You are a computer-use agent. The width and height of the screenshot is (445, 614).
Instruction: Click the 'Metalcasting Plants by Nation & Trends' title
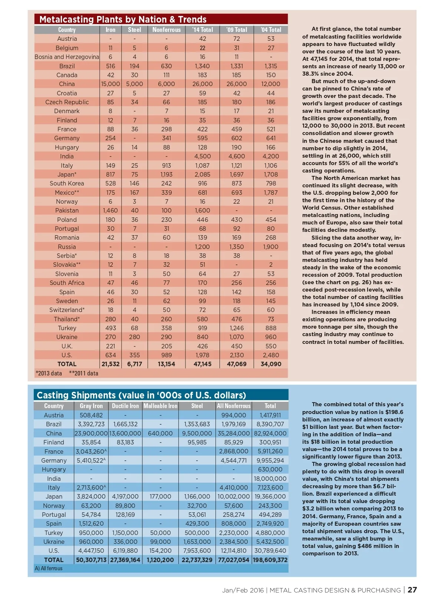click(123, 19)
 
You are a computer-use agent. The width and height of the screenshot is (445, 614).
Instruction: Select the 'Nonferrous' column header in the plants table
click(167, 30)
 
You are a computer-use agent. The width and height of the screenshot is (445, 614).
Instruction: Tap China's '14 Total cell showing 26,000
click(202, 84)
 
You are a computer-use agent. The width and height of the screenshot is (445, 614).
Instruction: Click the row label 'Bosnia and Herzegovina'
click(67, 57)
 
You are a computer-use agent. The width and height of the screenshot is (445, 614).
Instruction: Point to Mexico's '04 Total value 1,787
click(271, 193)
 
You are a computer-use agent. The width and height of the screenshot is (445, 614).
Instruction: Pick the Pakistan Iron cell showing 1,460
click(111, 211)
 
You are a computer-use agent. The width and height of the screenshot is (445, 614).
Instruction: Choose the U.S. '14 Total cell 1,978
click(202, 355)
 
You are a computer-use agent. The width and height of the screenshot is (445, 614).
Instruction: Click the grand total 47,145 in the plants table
click(202, 364)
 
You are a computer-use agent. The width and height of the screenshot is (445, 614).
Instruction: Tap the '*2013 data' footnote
click(49, 373)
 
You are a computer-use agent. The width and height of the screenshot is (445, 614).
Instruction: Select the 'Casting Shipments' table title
click(141, 395)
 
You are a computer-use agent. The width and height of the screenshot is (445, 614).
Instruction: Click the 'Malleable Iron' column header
click(161, 406)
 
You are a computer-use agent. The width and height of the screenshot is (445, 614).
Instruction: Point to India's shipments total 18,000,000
click(270, 479)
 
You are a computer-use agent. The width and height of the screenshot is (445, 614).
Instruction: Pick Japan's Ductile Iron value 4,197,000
click(125, 497)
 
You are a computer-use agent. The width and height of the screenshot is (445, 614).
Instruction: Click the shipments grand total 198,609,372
click(270, 560)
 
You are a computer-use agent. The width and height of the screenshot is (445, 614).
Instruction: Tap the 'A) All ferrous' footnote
click(49, 568)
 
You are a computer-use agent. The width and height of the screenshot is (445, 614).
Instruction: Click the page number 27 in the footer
click(412, 590)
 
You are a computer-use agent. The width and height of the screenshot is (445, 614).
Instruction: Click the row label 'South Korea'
click(67, 184)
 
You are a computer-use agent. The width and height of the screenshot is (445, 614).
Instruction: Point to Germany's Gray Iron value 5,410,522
click(91, 460)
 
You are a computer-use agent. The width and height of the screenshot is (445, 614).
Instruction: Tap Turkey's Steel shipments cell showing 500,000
click(197, 533)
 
